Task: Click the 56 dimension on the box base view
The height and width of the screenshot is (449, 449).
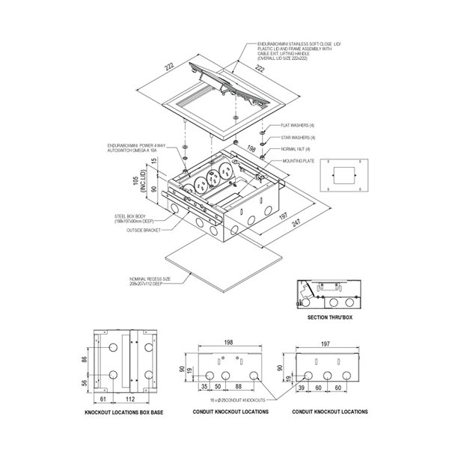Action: pos(85,384)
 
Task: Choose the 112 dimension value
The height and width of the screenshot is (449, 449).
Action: pos(130,399)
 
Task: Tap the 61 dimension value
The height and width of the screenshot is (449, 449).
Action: pos(103,399)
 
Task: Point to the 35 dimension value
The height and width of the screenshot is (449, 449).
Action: pos(204,386)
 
